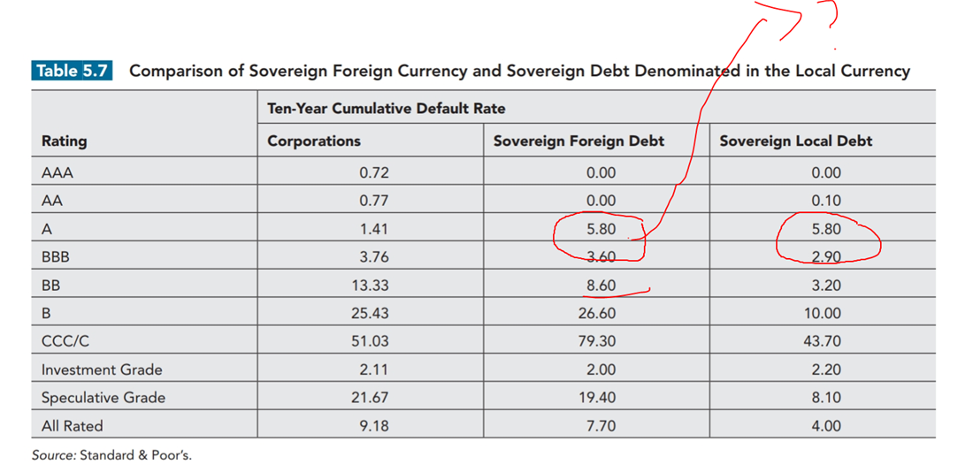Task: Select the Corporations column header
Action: [314, 141]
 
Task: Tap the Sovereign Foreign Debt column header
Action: [578, 141]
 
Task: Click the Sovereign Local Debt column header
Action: [795, 141]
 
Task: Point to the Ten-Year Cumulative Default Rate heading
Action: [387, 108]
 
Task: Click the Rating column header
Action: [65, 141]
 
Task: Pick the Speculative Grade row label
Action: [103, 398]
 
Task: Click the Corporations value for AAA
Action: [374, 172]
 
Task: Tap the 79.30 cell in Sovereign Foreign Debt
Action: [598, 341]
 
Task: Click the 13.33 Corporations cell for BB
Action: [372, 286]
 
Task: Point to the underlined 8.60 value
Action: [601, 286]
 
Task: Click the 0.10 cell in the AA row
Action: [825, 201]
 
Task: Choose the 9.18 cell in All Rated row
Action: [374, 426]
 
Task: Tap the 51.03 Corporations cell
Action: [372, 341]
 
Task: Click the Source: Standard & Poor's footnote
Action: [111, 455]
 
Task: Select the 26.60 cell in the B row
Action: [598, 313]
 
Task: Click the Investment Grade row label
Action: [102, 370]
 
